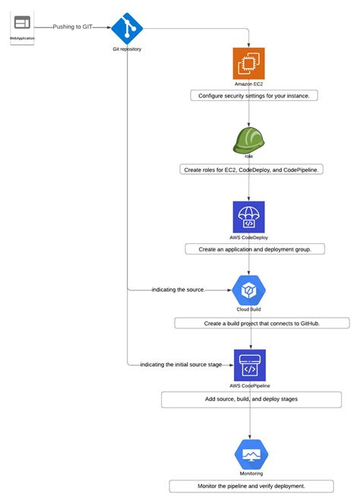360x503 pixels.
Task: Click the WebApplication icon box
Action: coord(22,27)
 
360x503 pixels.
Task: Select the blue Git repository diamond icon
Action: coord(127,28)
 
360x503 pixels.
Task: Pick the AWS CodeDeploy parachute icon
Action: coord(248,217)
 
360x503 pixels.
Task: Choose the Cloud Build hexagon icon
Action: coord(248,290)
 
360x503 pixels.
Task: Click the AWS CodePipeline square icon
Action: coord(249,365)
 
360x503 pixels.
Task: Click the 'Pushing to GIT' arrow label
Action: coord(74,27)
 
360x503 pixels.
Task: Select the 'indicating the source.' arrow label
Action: coord(178,290)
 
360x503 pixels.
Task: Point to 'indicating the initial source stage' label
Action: coord(182,365)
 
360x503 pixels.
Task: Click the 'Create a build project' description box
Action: coord(262,323)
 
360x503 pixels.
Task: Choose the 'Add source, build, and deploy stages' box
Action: coord(251,399)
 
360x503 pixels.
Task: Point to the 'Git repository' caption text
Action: coord(127,49)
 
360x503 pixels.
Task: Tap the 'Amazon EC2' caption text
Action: coord(248,84)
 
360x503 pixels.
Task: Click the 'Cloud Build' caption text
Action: coord(248,310)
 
